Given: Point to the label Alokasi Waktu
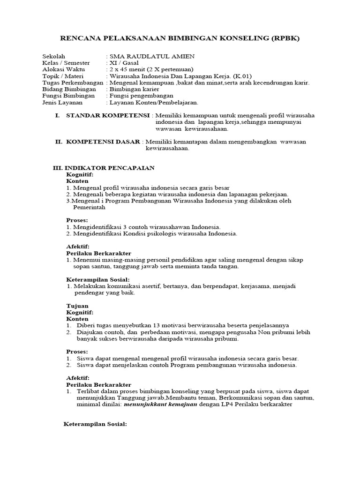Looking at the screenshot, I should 63,69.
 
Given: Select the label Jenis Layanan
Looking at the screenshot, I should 62,102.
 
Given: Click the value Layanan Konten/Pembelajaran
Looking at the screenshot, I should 154,102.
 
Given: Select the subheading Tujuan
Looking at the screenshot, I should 77,305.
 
